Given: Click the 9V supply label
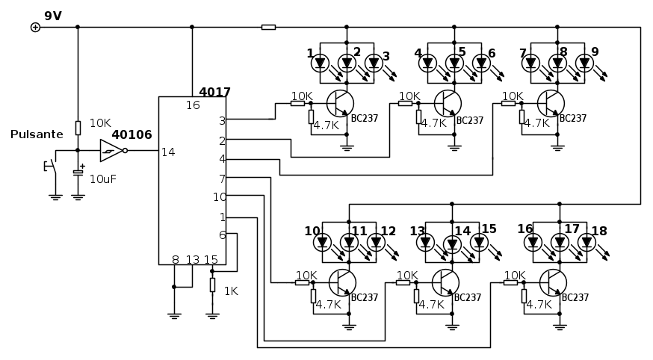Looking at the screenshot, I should click(53, 16).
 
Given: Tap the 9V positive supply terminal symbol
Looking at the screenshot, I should click(35, 27).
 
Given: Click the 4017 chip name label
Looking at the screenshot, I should click(214, 93).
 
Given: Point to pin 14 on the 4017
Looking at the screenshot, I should click(168, 152).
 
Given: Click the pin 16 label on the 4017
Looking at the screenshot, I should click(193, 105).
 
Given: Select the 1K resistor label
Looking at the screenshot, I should click(231, 291).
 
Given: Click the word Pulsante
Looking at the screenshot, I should click(37, 134).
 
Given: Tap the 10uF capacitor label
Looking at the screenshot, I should click(103, 179).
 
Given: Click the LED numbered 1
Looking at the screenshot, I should click(320, 63).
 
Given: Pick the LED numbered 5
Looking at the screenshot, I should click(454, 63).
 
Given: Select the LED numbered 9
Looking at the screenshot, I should click(584, 63).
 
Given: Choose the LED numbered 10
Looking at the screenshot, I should click(323, 242).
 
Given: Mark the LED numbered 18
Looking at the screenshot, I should click(587, 242).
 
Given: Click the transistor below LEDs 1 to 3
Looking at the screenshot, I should click(341, 103).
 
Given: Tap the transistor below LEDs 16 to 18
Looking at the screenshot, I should click(554, 282).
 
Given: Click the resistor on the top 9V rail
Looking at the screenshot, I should click(268, 27).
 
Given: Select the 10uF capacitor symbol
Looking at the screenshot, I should click(78, 173).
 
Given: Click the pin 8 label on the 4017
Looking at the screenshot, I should click(176, 260).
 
